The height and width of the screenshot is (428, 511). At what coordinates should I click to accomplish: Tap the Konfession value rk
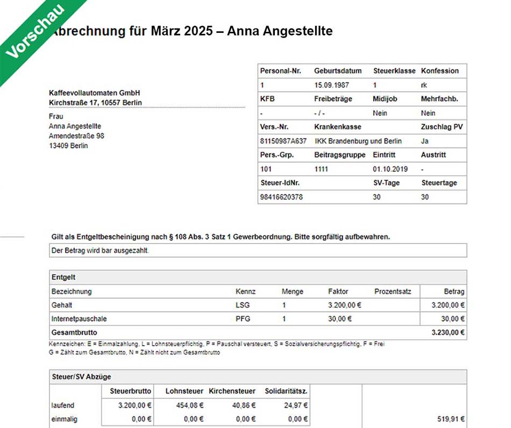(x=424, y=85)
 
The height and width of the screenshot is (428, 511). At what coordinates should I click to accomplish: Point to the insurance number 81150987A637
(x=283, y=141)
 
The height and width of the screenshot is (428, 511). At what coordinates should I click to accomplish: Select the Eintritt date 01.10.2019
(x=390, y=169)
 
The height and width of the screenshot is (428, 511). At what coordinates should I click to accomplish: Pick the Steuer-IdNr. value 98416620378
(x=281, y=197)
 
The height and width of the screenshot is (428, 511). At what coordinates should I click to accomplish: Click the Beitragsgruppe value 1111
(x=321, y=169)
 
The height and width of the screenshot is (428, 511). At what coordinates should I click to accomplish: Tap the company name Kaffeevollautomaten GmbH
(x=94, y=93)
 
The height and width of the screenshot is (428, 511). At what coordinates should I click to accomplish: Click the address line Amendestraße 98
(x=76, y=136)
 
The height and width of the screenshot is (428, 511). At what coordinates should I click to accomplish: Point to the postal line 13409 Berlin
(x=68, y=146)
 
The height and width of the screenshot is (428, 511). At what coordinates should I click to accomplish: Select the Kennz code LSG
(x=243, y=305)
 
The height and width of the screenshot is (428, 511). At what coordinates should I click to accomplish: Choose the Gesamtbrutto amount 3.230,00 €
(x=448, y=333)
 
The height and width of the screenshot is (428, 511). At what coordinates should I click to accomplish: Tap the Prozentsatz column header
(x=393, y=291)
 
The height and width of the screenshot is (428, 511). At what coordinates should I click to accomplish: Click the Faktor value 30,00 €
(x=340, y=319)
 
